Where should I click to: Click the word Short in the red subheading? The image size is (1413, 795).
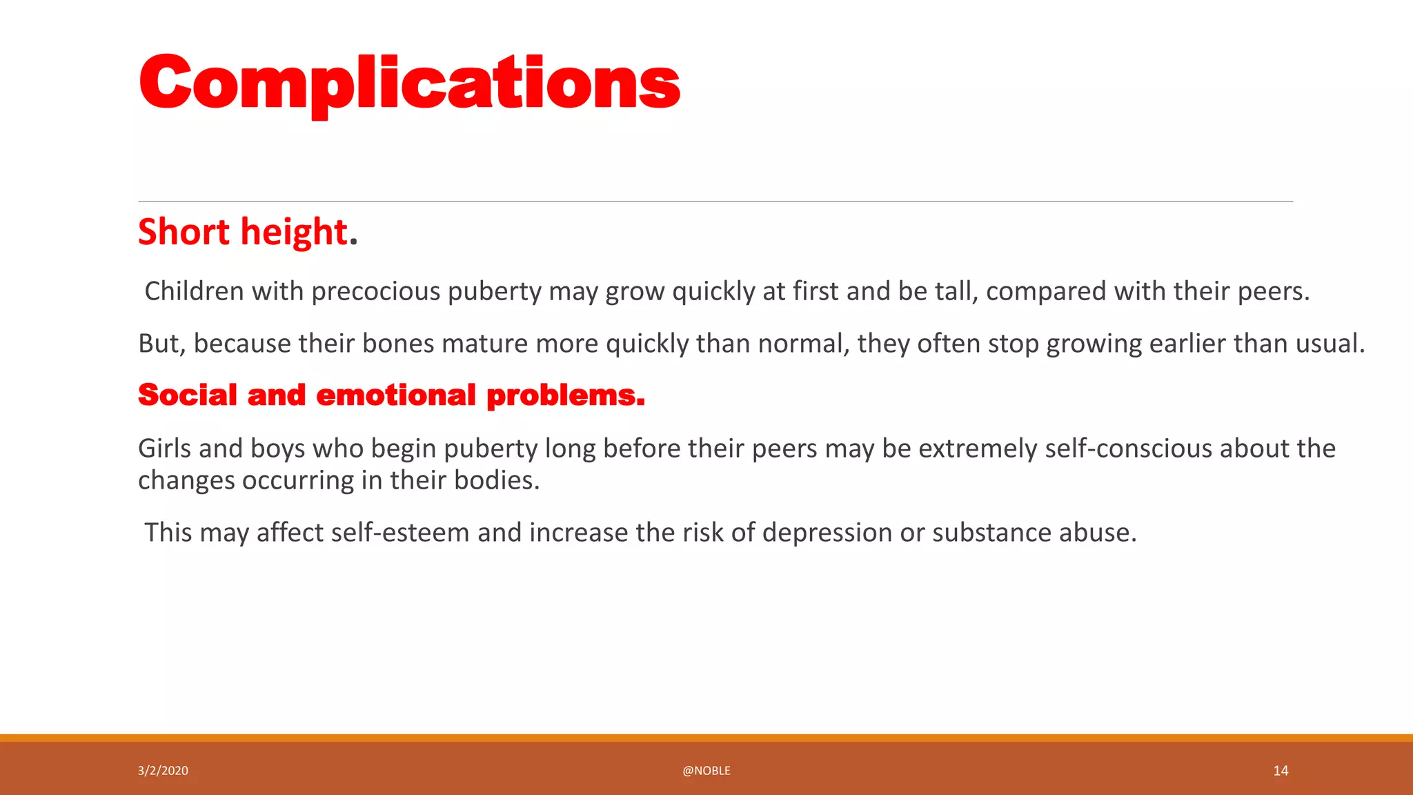click(184, 232)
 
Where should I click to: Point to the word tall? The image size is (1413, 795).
click(956, 291)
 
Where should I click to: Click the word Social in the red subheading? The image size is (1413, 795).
click(188, 395)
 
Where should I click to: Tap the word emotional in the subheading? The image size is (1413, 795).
click(396, 395)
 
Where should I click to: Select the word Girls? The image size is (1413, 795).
click(165, 449)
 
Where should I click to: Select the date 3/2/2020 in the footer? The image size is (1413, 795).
click(163, 771)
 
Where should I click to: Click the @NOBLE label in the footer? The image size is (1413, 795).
click(706, 771)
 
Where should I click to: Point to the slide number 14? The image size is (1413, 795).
click(1281, 771)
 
